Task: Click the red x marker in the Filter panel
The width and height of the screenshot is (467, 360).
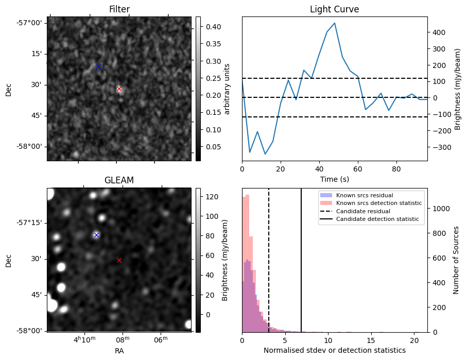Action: click(119, 89)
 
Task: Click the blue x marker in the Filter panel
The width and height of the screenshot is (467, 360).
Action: click(98, 66)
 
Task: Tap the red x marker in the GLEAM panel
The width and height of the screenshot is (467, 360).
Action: click(119, 260)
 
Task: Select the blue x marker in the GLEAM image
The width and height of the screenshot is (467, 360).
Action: click(96, 235)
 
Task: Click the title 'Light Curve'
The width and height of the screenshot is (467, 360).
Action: click(334, 9)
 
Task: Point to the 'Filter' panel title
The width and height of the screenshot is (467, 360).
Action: click(119, 9)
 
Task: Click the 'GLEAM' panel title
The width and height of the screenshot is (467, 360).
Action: click(119, 180)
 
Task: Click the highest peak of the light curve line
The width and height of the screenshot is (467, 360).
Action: click(335, 23)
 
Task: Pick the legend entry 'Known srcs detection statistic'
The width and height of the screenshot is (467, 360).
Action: click(379, 203)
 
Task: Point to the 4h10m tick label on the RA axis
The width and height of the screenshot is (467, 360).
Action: click(84, 339)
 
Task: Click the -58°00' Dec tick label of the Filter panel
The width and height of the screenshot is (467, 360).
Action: click(30, 147)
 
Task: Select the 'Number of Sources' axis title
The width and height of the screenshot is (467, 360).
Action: click(456, 260)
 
